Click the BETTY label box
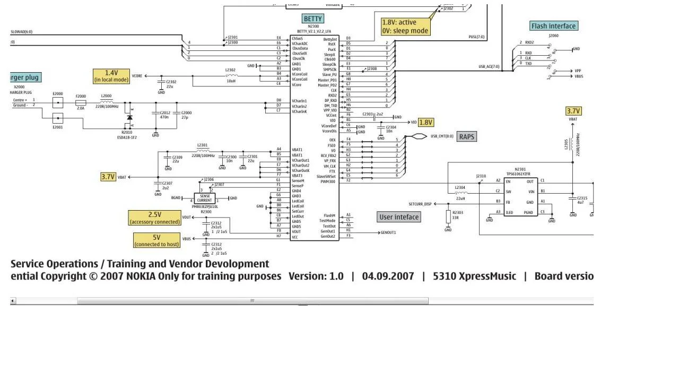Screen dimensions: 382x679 (x=313, y=19)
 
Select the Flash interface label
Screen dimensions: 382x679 (x=553, y=26)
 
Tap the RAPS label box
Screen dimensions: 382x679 (x=466, y=137)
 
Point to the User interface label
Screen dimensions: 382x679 (x=399, y=217)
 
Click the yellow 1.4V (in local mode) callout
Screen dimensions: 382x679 (x=111, y=76)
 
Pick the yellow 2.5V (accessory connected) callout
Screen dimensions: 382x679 (x=154, y=218)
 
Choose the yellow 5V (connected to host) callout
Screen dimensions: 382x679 (x=156, y=241)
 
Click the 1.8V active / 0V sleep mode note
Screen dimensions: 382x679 (x=405, y=27)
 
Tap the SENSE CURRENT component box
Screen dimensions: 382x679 (x=205, y=198)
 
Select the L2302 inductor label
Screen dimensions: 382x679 (x=230, y=70)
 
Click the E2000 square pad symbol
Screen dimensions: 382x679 (x=58, y=102)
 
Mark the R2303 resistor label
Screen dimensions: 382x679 (x=457, y=213)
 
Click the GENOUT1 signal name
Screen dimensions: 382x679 (x=388, y=232)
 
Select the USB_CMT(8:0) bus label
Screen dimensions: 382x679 (x=442, y=136)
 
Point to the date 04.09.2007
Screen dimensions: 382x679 (x=388, y=276)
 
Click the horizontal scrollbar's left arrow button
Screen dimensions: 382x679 (x=13, y=301)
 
